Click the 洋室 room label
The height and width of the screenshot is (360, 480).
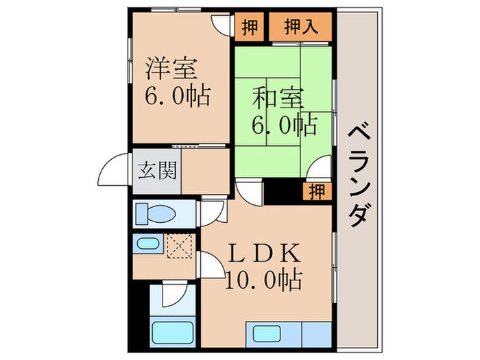click(x=172, y=69)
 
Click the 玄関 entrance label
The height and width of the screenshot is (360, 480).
click(x=158, y=169)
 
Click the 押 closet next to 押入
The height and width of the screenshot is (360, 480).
click(x=250, y=28)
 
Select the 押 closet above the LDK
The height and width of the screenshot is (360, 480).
click(x=316, y=191)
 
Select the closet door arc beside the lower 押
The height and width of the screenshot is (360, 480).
click(x=320, y=168)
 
